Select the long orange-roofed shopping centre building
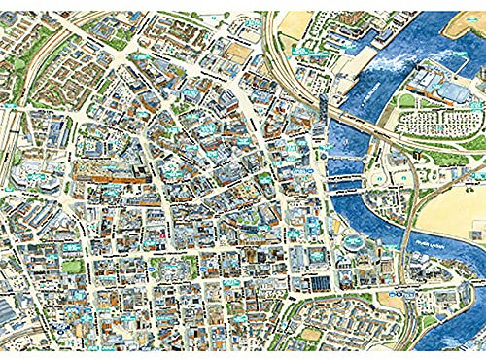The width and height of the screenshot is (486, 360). (x=109, y=175)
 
